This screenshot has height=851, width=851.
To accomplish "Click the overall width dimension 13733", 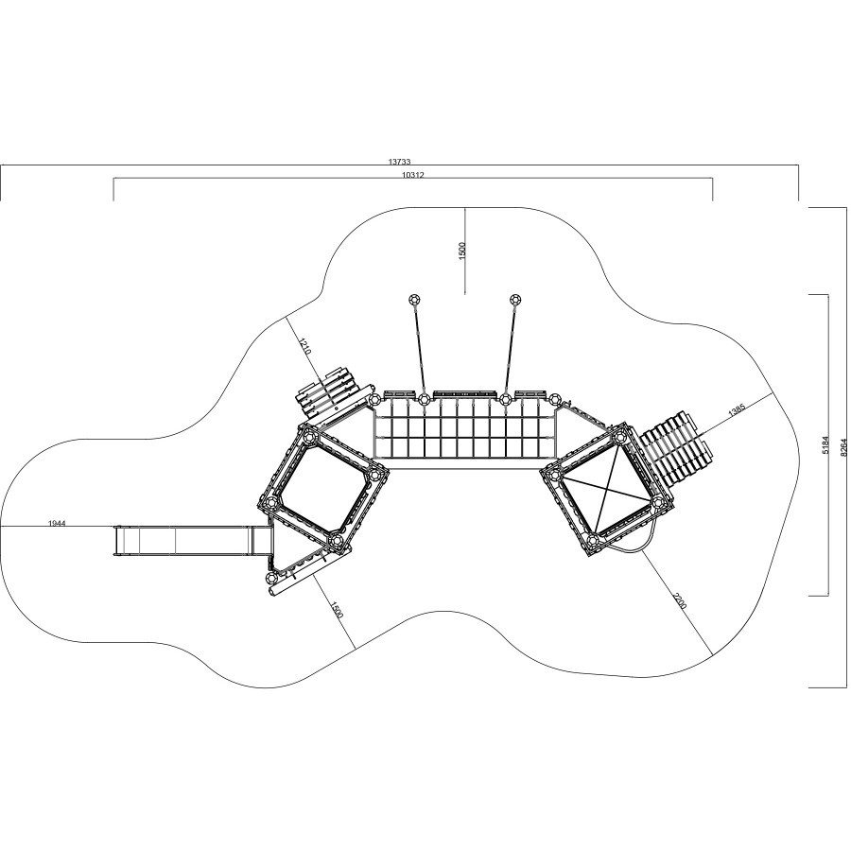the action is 399,161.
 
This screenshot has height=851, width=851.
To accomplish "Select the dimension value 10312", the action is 413,174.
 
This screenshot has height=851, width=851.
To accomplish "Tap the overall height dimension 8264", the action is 842,447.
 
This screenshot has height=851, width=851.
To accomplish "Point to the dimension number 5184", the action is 825,445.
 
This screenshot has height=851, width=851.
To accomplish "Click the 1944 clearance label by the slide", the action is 57,523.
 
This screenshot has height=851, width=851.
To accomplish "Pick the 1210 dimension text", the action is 304,347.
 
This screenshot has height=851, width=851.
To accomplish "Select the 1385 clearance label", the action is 737,409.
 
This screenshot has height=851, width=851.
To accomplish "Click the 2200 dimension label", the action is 679,602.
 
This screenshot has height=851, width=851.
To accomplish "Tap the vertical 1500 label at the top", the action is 461,251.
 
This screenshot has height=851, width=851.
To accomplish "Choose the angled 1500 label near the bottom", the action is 337,610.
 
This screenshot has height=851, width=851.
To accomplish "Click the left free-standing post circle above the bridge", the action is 414,299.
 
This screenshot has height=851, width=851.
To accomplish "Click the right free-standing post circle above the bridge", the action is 514,299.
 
